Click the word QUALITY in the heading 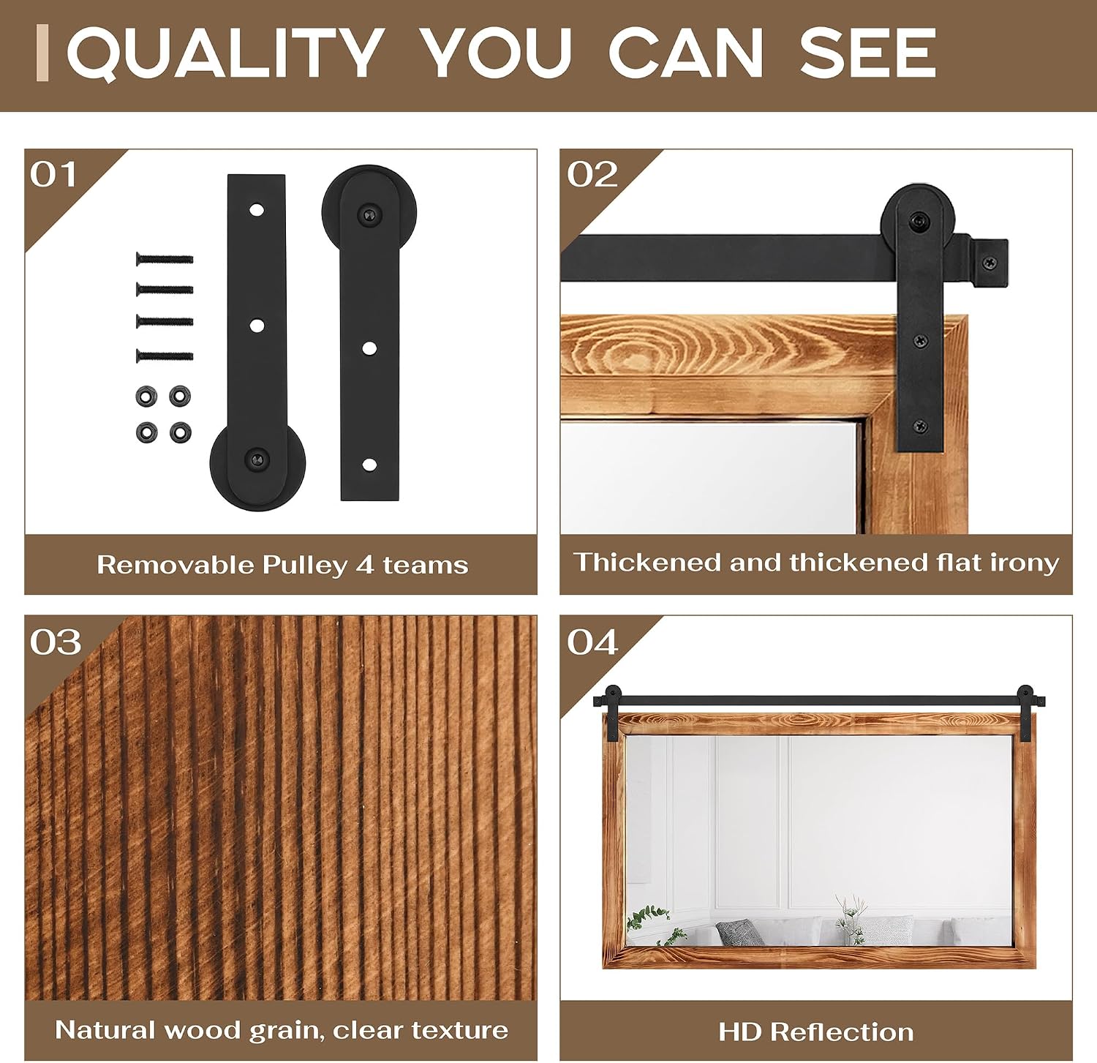coord(225,53)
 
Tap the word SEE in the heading coord(867,53)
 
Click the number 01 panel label coord(53,175)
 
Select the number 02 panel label coord(592,175)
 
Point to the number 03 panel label coord(55,642)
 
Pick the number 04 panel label coord(592,642)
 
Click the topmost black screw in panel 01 coord(165,259)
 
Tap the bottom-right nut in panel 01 coord(180,432)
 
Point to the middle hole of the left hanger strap coord(257,326)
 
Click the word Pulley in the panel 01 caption coord(305,566)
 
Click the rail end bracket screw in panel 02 coord(989,262)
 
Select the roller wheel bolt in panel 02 coord(917,219)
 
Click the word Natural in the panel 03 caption coord(105,1029)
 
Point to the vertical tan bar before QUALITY coord(42,53)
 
